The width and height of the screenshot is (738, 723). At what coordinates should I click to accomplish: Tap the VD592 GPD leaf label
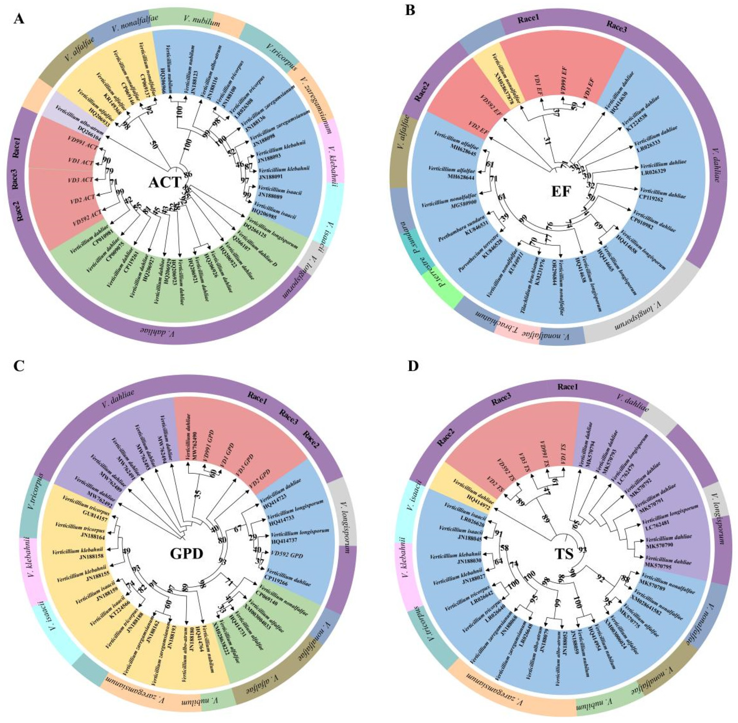[286, 555]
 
